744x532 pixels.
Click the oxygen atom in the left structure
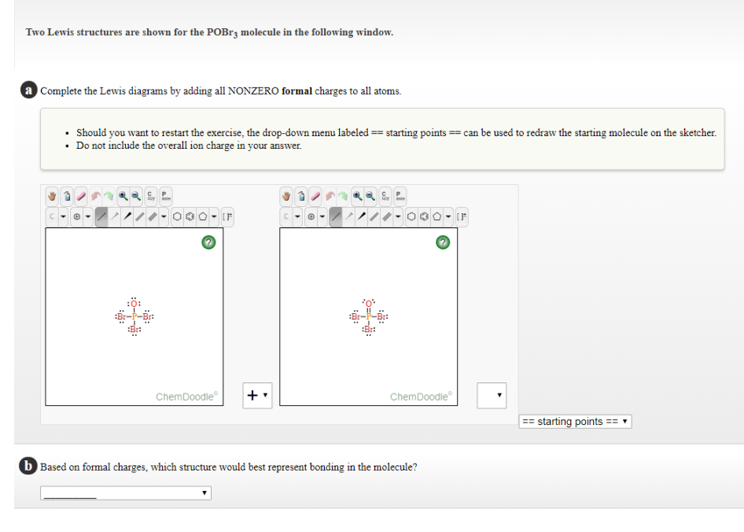[134, 304]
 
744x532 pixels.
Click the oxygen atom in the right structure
[368, 303]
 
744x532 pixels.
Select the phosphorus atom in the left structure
[134, 316]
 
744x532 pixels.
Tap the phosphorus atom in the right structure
[368, 316]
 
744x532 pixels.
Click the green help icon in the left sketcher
[208, 242]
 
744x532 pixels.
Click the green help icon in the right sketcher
[443, 242]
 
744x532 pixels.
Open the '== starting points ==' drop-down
[575, 422]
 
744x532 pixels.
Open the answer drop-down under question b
[126, 493]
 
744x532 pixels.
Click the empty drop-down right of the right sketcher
[492, 396]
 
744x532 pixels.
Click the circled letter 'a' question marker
[29, 91]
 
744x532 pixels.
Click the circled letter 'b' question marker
[29, 467]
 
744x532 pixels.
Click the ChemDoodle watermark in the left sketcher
[186, 397]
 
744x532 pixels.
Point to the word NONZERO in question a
[252, 91]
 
